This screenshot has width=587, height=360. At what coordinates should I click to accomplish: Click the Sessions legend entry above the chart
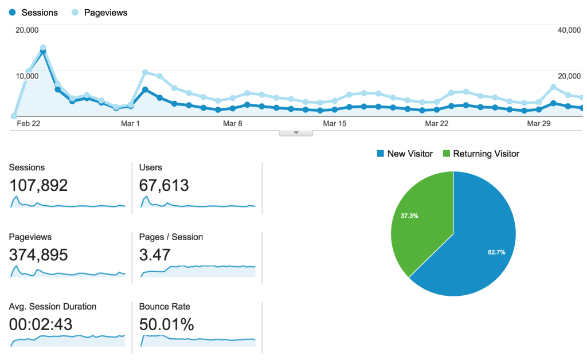[x=33, y=12]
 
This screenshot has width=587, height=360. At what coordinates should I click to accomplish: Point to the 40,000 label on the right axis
[x=569, y=30]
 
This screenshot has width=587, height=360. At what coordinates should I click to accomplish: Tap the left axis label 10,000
[x=27, y=76]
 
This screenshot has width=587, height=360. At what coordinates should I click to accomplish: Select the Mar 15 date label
[x=335, y=123]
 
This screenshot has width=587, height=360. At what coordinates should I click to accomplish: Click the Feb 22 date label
[x=28, y=123]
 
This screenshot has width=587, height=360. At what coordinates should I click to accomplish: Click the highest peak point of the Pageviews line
[x=43, y=48]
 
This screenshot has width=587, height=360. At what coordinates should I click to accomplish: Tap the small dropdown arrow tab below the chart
[x=296, y=132]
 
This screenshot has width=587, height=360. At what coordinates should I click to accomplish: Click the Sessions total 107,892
[x=38, y=185]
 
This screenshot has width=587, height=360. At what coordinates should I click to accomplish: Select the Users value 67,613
[x=164, y=185]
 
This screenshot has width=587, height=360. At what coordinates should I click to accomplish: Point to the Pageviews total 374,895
[x=38, y=255]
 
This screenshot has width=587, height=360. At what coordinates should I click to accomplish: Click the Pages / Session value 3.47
[x=155, y=255]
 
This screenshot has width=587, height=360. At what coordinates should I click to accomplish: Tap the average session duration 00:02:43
[x=41, y=324]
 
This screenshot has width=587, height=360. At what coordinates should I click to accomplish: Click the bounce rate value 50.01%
[x=166, y=324]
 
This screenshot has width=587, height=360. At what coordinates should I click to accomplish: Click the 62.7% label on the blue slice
[x=496, y=252]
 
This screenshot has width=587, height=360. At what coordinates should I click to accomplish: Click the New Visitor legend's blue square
[x=380, y=154]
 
